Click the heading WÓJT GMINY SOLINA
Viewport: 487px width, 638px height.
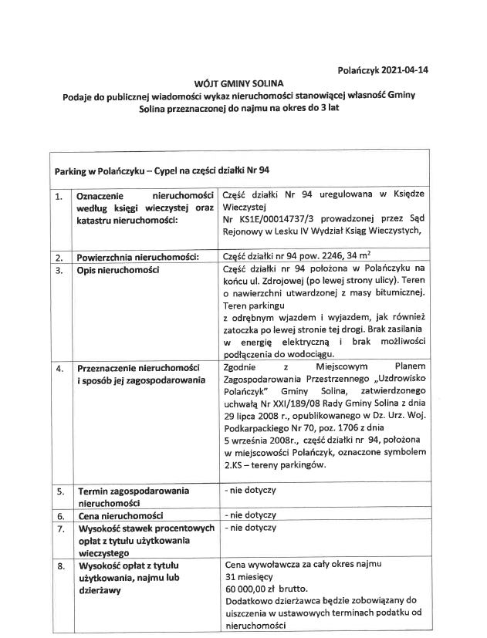(x=239, y=83)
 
